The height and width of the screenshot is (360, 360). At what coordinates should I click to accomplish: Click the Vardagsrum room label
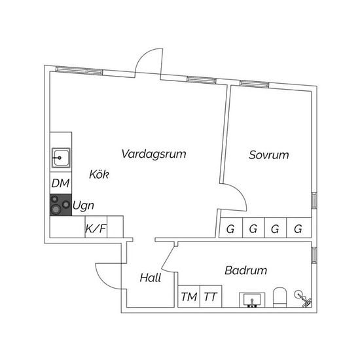[x=154, y=154]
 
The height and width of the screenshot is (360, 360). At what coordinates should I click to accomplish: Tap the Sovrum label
[x=269, y=155]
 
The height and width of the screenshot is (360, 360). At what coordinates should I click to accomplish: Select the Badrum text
[x=246, y=270]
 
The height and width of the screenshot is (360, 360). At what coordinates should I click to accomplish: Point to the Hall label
[x=151, y=278]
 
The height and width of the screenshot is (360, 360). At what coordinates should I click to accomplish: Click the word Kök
[x=99, y=174]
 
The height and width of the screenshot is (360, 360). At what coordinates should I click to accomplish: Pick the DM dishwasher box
[x=61, y=183]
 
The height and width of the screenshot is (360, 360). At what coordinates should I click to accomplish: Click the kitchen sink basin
[x=61, y=158]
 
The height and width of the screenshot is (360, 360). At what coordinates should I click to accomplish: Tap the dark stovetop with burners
[x=61, y=205]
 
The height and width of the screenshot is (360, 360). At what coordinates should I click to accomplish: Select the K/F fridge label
[x=96, y=228]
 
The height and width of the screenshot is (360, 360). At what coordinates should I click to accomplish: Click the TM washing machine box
[x=189, y=297]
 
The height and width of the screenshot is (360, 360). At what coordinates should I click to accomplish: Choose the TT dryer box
[x=211, y=297]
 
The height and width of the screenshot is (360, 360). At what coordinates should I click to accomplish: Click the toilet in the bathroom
[x=280, y=297]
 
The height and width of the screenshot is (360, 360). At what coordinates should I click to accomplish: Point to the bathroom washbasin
[x=252, y=300]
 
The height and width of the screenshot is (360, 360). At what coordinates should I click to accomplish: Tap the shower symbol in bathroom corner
[x=303, y=298]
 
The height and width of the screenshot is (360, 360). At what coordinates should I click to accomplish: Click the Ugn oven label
[x=83, y=206]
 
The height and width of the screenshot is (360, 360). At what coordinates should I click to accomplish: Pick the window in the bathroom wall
[x=314, y=255]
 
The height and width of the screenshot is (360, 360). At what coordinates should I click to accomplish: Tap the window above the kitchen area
[x=79, y=71]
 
